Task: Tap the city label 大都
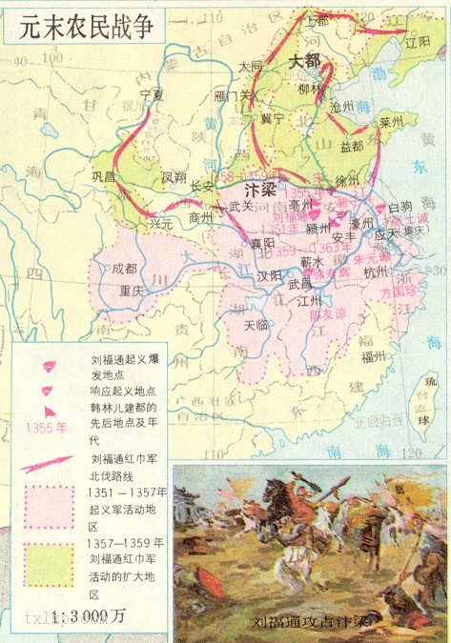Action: pos(305,61)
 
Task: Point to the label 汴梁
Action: pos(262,187)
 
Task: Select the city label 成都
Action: pos(124,270)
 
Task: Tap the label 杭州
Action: pos(374,271)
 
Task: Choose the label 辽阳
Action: pos(418,43)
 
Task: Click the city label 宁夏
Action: pos(153,96)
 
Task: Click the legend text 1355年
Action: pos(46,428)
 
